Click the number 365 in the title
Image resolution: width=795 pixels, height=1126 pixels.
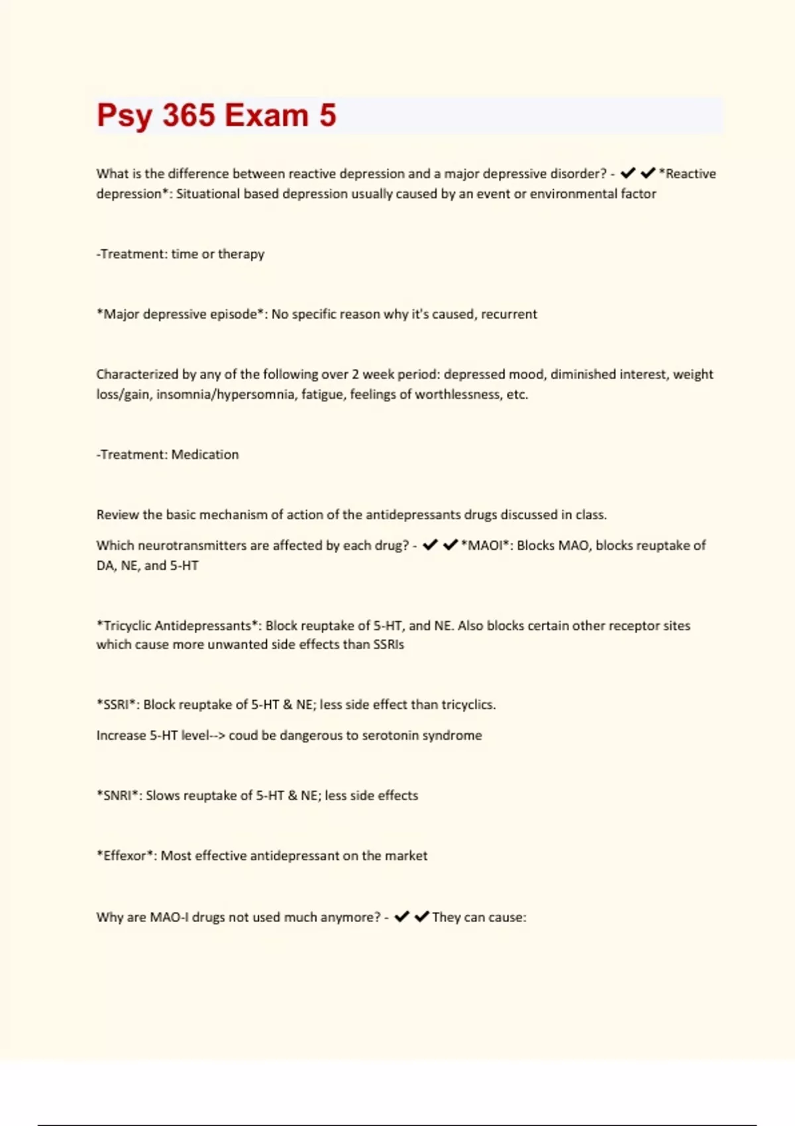pyautogui.click(x=189, y=115)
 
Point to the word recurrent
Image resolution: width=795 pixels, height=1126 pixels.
pyautogui.click(x=509, y=314)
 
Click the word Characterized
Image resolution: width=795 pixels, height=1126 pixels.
pyautogui.click(x=136, y=374)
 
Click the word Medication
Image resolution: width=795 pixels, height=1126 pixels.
pyautogui.click(x=205, y=455)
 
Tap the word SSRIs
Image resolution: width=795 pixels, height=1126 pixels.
pyautogui.click(x=388, y=645)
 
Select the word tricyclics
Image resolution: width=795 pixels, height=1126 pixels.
pyautogui.click(x=468, y=705)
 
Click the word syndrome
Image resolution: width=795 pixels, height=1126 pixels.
pyautogui.click(x=452, y=736)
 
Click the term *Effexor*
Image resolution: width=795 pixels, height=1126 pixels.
pyautogui.click(x=127, y=856)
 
